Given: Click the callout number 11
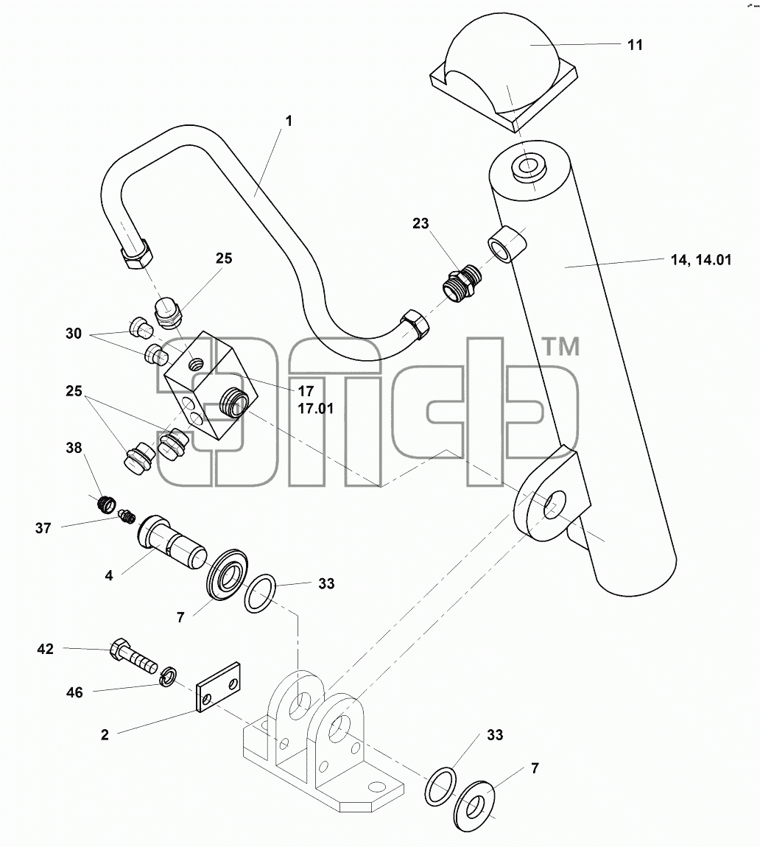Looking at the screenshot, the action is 635,45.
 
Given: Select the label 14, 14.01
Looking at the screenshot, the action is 701,260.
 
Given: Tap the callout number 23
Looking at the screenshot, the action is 421,223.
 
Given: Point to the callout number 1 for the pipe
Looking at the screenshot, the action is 289,121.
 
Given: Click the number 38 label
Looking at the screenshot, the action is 74,448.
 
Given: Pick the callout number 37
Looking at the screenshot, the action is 43,528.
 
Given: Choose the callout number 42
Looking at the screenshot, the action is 46,649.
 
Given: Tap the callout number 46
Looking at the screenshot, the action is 74,692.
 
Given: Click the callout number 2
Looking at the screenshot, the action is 105,734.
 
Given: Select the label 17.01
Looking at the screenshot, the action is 316,408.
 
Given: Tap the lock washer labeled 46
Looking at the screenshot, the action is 167,676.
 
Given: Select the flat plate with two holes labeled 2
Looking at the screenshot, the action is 219,686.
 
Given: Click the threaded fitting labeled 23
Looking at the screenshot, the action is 462,283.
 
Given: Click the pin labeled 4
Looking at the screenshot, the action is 173,542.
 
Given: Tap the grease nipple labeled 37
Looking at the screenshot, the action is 127,516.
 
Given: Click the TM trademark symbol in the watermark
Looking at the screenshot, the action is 561,347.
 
